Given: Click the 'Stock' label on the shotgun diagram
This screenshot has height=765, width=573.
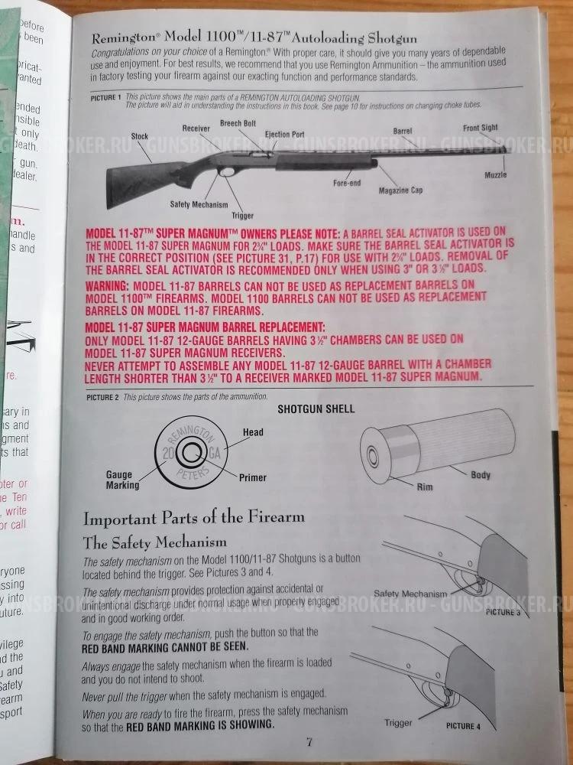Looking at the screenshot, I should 139,136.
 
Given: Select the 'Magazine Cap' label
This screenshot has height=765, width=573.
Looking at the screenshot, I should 401,190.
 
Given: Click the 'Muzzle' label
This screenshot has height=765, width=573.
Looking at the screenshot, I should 495,175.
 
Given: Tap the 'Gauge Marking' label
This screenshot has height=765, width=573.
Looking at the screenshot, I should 122,480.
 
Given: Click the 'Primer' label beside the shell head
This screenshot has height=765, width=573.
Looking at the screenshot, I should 252,477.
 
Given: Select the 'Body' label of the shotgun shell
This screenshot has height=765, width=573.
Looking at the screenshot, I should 481,475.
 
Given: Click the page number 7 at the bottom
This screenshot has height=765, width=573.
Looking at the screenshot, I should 309,741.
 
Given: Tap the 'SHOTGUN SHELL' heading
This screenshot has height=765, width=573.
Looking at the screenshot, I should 316,409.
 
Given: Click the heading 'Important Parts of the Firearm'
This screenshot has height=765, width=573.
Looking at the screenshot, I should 193,517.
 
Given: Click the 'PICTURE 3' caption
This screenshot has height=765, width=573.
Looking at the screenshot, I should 503,612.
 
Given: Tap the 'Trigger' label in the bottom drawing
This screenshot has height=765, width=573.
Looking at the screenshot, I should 398,721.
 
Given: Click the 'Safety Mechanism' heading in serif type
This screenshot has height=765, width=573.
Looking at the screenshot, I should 154,542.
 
